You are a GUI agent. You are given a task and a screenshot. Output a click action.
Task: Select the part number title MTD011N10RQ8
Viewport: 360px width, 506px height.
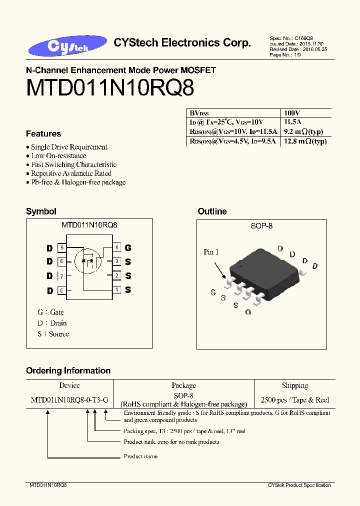[x=110, y=88]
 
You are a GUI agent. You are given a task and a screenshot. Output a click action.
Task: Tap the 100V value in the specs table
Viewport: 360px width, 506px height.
[x=291, y=113]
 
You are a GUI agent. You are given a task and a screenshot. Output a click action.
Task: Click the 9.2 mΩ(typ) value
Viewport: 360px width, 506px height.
[x=303, y=132]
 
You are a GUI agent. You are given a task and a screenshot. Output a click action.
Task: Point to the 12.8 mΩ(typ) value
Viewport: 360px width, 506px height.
[x=305, y=141]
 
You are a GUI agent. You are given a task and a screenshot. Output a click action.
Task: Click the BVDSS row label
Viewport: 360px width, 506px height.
[x=198, y=113]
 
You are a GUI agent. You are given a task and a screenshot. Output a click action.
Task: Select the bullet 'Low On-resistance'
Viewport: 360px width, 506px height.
[x=58, y=155]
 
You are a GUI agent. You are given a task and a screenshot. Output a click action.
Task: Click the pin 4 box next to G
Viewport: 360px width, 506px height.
[x=116, y=247]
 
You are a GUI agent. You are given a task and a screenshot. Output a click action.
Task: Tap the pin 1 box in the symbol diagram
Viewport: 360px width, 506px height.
[x=116, y=289]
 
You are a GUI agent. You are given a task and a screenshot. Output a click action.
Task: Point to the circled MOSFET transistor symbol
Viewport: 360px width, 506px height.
[x=87, y=260]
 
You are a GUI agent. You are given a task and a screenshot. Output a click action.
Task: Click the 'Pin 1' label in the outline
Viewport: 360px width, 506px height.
[x=211, y=252]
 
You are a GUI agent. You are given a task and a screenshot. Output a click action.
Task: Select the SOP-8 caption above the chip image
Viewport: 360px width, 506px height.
[x=261, y=226]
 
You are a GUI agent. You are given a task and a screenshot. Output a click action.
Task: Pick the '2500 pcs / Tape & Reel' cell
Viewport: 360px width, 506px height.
[x=295, y=400]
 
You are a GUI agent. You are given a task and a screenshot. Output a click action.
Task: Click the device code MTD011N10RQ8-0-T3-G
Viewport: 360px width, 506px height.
[x=69, y=400]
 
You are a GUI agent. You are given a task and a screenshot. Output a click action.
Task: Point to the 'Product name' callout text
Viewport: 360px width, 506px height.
[x=140, y=456]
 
